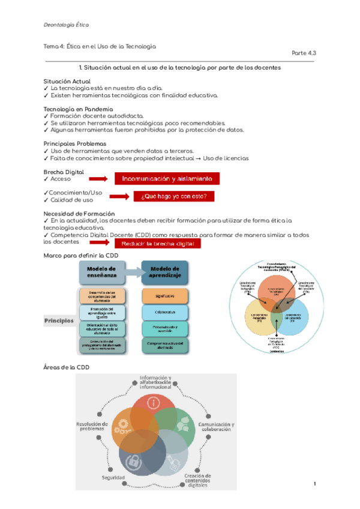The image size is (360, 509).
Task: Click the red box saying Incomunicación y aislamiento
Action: point(167,178)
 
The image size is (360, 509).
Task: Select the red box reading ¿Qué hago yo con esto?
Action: point(178,196)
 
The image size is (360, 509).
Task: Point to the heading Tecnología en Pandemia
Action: point(77,109)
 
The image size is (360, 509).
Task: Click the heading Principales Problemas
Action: point(75,144)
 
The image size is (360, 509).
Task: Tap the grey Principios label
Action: point(59,321)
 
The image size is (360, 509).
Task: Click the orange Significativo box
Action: point(165,296)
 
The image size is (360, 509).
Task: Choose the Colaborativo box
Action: point(165,313)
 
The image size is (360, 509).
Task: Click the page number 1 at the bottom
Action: point(314,483)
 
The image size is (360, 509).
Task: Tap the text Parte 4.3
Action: point(304,53)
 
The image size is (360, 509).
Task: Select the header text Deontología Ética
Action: point(67,25)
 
